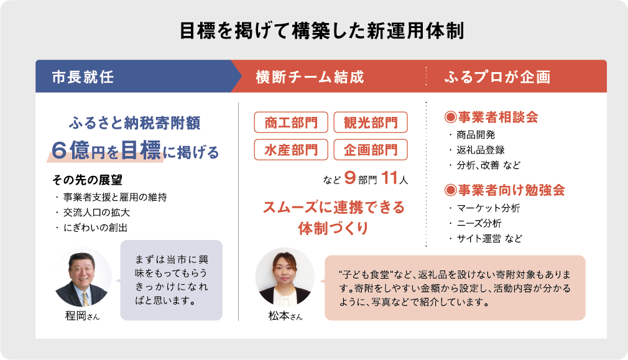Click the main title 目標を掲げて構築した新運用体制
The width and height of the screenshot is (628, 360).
[321, 31]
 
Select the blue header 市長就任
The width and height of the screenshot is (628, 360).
[83, 77]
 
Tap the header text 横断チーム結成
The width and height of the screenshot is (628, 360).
[310, 77]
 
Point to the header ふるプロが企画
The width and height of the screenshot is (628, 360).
[497, 77]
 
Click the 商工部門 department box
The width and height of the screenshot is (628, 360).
[291, 122]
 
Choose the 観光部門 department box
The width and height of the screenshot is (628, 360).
[371, 122]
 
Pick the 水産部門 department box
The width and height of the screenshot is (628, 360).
[291, 149]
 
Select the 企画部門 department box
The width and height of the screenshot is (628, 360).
[371, 149]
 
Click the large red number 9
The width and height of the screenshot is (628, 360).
[349, 177]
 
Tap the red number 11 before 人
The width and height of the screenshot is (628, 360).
[389, 177]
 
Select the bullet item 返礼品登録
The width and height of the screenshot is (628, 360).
[481, 150]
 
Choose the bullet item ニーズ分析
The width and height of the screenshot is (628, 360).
[479, 223]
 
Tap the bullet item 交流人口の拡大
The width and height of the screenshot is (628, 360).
[96, 213]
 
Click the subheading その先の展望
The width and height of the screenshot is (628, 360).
[87, 180]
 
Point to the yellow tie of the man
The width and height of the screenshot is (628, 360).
[85, 298]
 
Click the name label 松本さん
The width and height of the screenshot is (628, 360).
[285, 316]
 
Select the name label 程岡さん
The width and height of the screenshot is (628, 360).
[82, 316]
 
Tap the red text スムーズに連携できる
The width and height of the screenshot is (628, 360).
[334, 208]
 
